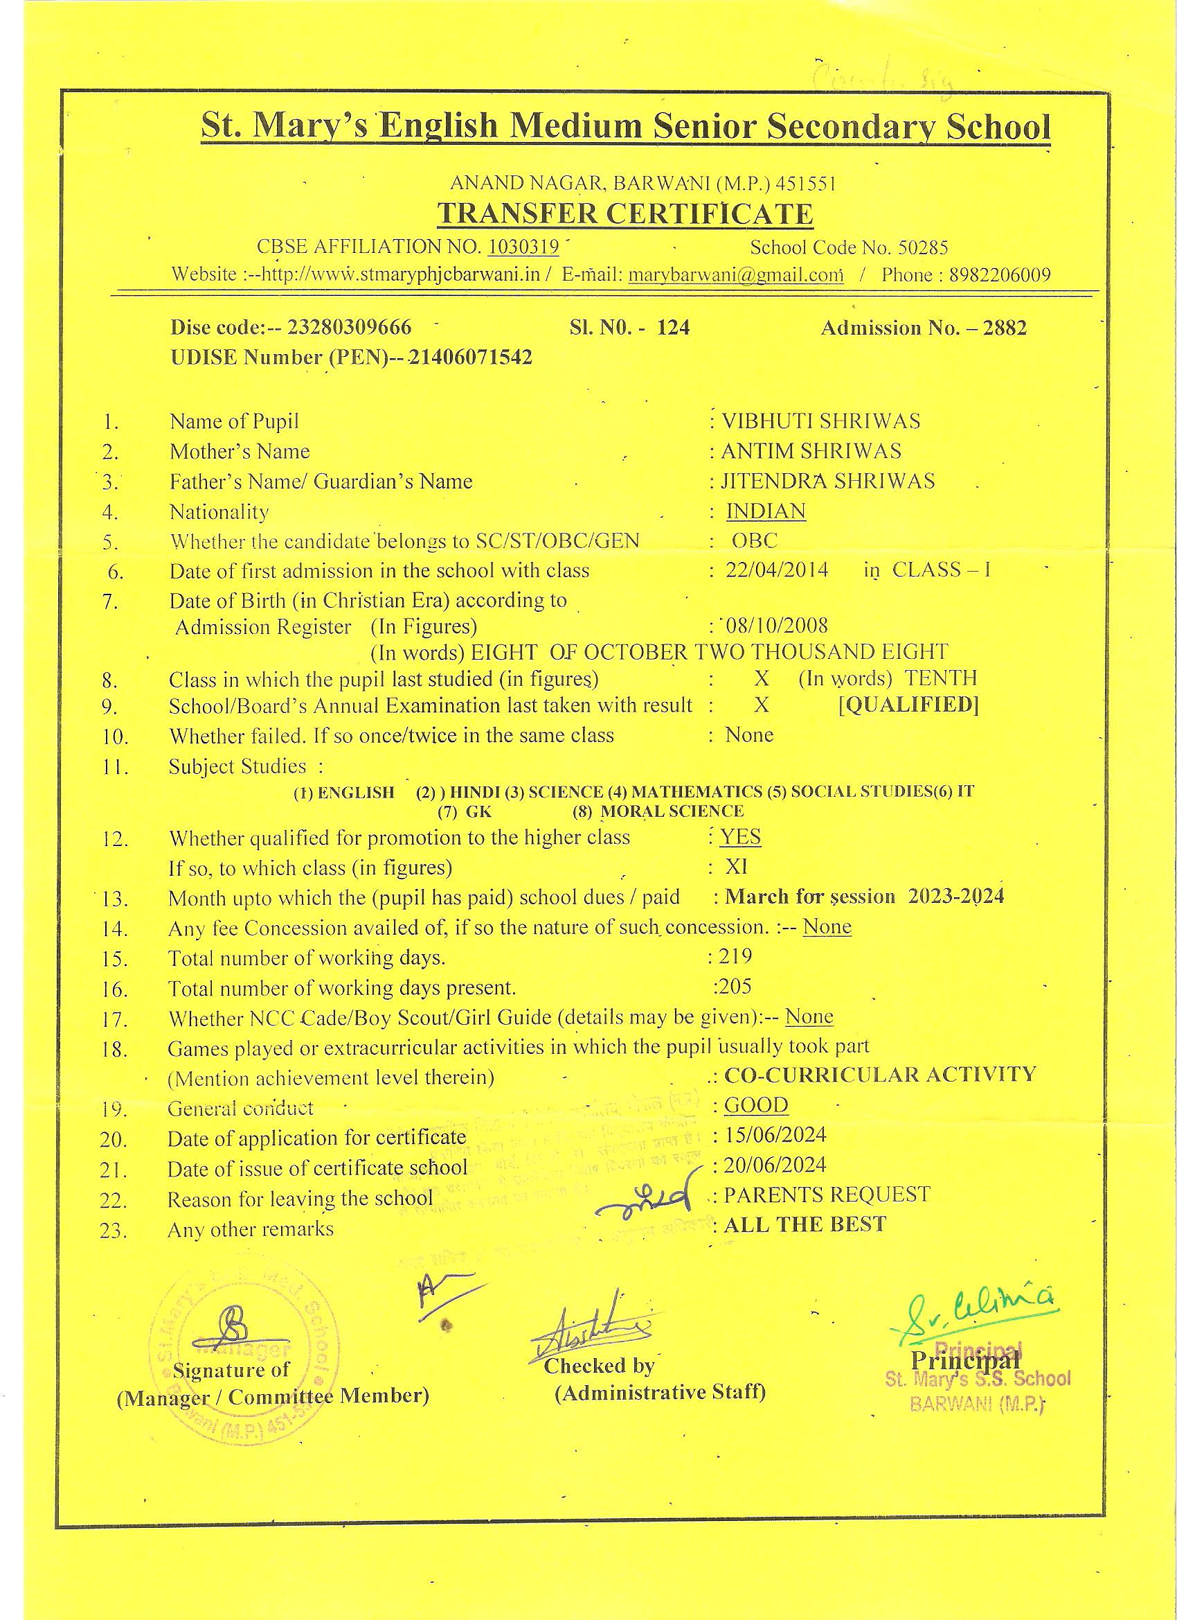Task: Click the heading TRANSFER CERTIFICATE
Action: click(625, 213)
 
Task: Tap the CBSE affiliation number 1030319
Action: click(523, 247)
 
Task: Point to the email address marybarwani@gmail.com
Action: click(735, 276)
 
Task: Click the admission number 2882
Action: click(1005, 328)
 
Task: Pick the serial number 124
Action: click(673, 328)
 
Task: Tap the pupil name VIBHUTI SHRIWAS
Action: click(821, 421)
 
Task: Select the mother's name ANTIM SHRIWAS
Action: click(811, 452)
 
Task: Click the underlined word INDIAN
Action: click(766, 511)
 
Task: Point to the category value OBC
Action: click(754, 540)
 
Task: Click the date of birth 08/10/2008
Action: click(777, 626)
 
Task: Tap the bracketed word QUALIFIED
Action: click(908, 705)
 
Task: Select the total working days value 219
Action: click(736, 956)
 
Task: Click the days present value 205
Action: click(736, 987)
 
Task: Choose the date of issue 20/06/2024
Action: click(775, 1165)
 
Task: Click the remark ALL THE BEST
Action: click(805, 1224)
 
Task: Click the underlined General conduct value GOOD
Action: click(756, 1105)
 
